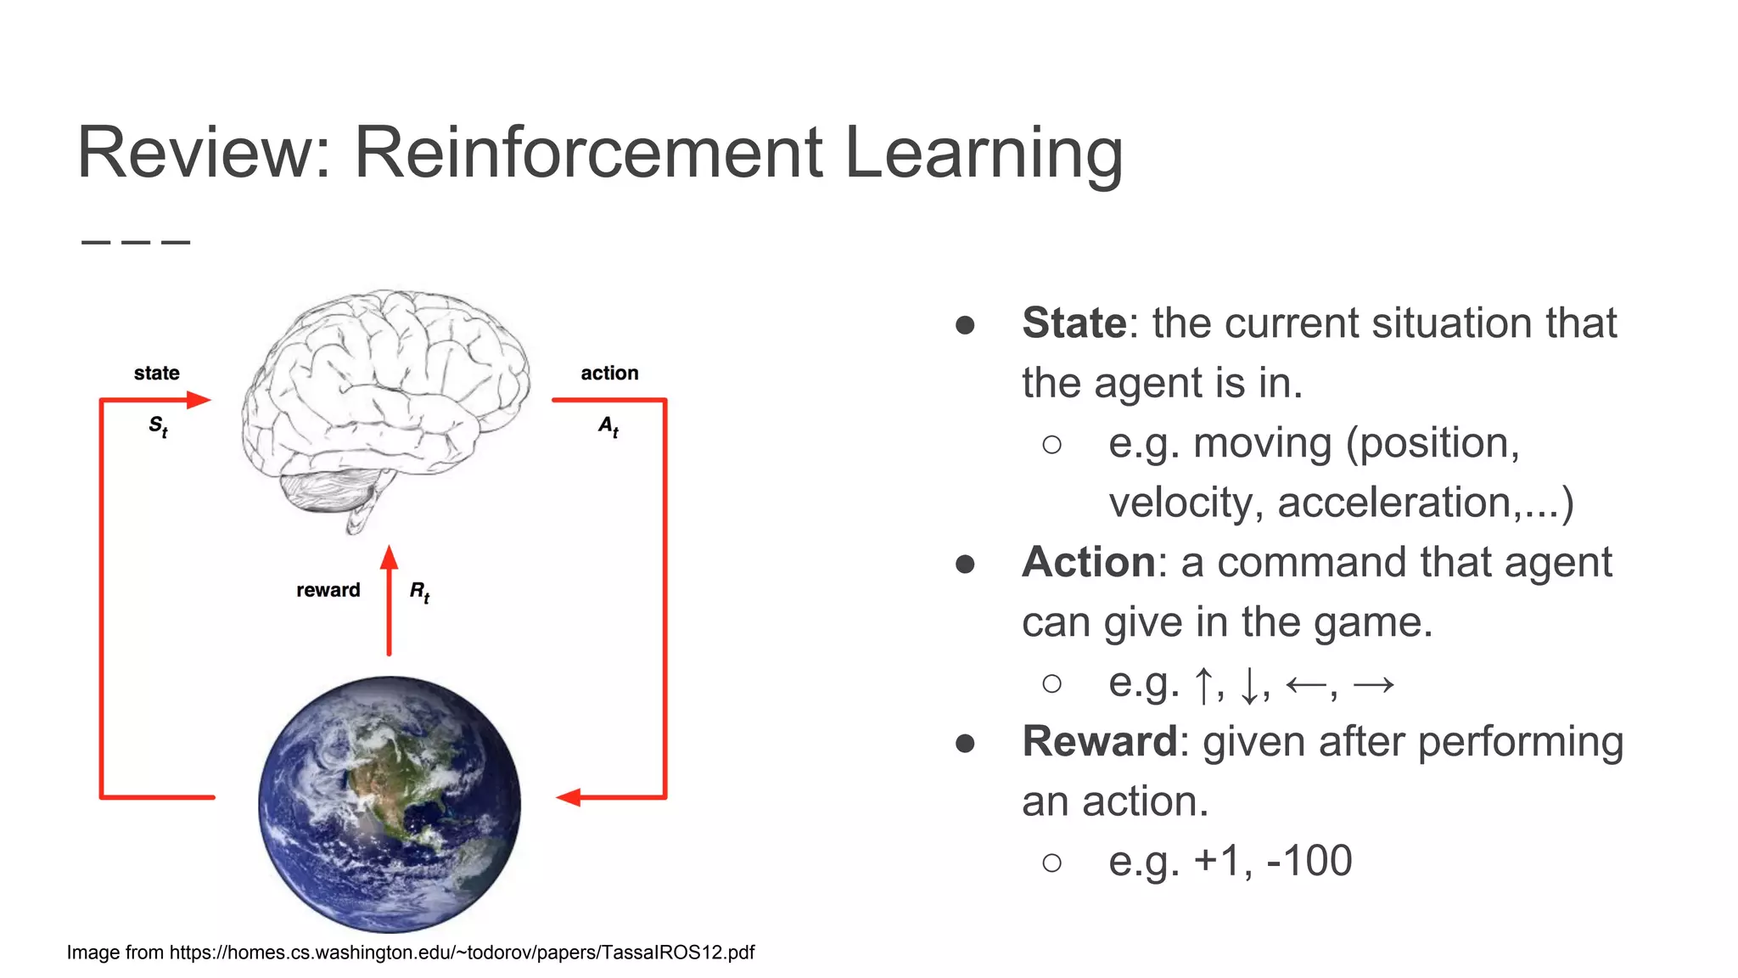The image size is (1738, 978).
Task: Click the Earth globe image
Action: coord(390,803)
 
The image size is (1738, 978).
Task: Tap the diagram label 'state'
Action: coord(157,374)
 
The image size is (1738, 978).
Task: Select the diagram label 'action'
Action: coord(609,374)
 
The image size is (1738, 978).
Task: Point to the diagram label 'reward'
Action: coord(328,590)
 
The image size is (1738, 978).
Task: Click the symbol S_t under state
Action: coord(159,426)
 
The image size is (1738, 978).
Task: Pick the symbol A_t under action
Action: coord(608,426)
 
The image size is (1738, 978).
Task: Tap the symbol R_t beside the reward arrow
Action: coord(420,592)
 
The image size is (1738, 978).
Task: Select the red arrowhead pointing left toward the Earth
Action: coord(569,797)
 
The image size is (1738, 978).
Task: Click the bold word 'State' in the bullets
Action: coord(1074,323)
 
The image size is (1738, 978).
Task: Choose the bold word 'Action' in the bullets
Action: coord(1089,563)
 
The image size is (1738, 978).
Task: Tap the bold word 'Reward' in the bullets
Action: coord(1100,742)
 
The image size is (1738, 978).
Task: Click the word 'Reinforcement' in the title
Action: coord(588,153)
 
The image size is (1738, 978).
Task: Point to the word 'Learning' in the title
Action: coord(984,153)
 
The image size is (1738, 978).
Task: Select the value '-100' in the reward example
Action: coord(1309,861)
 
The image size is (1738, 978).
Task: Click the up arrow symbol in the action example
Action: coord(1203,684)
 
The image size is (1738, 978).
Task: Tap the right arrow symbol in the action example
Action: coord(1374,684)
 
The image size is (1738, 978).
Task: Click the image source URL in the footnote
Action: coord(462,953)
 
